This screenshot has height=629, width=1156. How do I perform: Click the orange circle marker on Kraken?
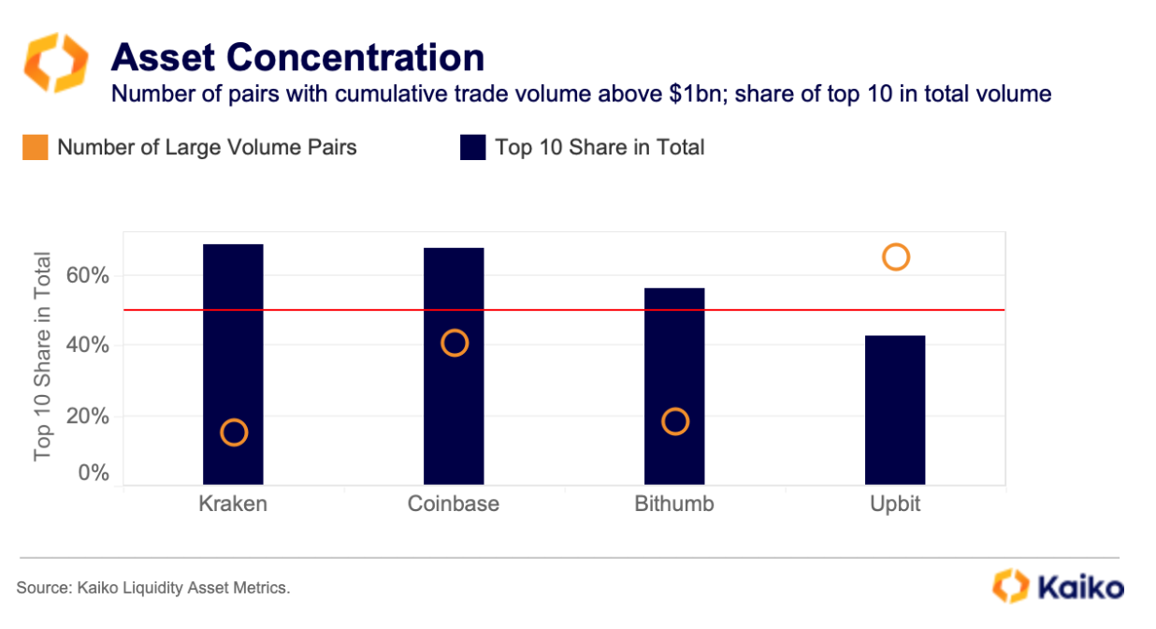point(233,432)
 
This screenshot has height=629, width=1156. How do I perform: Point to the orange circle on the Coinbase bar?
point(454,344)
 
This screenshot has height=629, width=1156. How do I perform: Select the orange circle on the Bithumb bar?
point(674,421)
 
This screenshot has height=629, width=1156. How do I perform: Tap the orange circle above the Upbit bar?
point(895,257)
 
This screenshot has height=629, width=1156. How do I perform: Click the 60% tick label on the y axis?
point(88,276)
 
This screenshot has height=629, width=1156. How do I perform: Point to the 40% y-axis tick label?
point(88,345)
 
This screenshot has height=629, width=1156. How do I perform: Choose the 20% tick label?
point(88,416)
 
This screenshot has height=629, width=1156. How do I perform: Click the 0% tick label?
point(93,474)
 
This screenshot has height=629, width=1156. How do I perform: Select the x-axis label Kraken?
point(233,504)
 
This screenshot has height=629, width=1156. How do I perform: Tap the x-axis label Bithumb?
point(674,504)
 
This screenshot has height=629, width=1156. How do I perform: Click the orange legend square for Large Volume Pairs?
point(36,148)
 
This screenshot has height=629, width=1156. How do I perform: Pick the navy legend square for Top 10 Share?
point(473,148)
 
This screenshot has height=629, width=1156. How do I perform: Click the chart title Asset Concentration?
point(297,58)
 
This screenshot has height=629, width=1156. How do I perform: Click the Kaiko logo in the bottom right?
point(1058,587)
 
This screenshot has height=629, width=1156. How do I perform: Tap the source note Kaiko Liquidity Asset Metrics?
point(153,588)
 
